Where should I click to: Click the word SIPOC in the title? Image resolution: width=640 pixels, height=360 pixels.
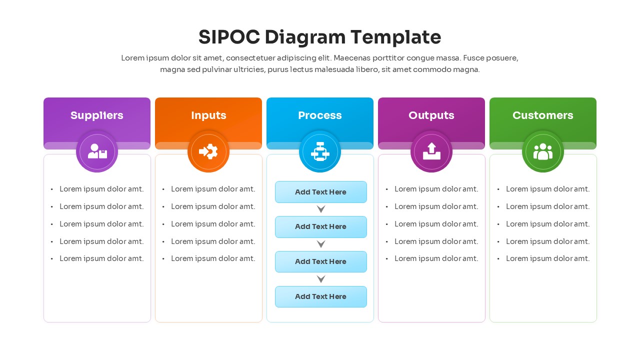(229, 37)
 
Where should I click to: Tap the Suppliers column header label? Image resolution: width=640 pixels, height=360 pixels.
(97, 115)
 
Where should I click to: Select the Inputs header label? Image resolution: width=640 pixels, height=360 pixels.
(208, 115)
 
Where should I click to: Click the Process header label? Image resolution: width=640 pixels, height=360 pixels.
(320, 115)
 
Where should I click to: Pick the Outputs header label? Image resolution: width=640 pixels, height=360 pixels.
(431, 115)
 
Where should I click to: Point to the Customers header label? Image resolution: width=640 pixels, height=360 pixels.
(543, 115)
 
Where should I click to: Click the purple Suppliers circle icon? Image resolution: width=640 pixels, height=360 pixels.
(97, 151)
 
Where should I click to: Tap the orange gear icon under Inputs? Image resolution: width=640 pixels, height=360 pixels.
(208, 151)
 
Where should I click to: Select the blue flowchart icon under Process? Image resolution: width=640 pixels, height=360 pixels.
(320, 151)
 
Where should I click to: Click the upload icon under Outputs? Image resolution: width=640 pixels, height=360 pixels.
(431, 151)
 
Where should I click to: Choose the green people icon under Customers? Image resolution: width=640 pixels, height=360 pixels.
(543, 151)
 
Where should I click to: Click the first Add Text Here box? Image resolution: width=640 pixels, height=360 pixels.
(320, 192)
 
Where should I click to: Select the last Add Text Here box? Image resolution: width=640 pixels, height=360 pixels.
(320, 296)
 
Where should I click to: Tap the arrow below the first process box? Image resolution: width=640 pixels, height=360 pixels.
(321, 209)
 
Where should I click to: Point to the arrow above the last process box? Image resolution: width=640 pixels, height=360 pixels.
(321, 279)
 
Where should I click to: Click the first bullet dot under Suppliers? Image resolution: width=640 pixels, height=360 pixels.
(52, 189)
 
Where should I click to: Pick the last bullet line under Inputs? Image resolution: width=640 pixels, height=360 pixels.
(213, 258)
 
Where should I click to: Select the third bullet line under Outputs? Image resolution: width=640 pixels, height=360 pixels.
(436, 224)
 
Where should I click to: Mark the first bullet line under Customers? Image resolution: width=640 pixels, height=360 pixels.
(547, 189)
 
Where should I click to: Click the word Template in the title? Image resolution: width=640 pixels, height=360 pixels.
(395, 37)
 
